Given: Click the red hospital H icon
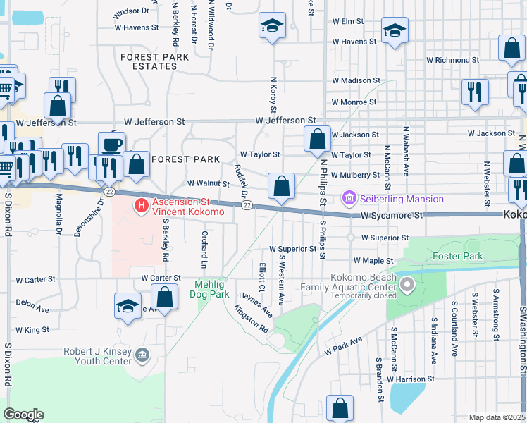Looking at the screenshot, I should tap(141, 206).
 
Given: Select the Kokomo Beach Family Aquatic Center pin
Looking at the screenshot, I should tap(407, 286).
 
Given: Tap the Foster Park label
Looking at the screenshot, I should tap(458, 256).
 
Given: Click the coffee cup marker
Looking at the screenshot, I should tap(111, 144).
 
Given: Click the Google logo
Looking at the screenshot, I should tap(23, 414).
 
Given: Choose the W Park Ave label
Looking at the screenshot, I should tap(343, 345).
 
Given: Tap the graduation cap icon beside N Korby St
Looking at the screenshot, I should tap(272, 27).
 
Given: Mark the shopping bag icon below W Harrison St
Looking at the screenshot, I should tap(340, 407).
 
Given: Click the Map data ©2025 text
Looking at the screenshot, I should tap(497, 417).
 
